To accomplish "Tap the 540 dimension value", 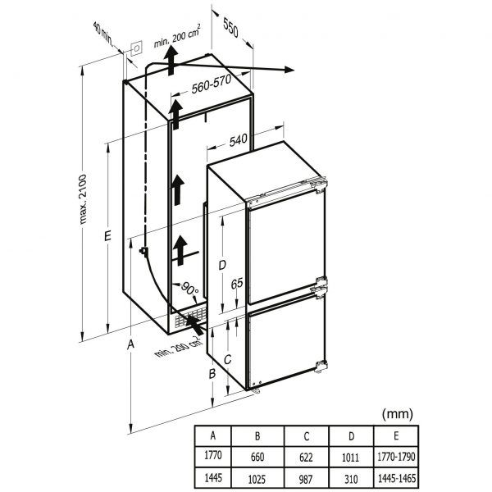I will point(239,140).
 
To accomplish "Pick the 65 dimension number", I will point(235,283).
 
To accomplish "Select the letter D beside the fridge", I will point(221,264).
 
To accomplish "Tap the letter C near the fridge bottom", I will point(229,358).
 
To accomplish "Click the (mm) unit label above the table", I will point(398,414).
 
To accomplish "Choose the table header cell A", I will point(214,435).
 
